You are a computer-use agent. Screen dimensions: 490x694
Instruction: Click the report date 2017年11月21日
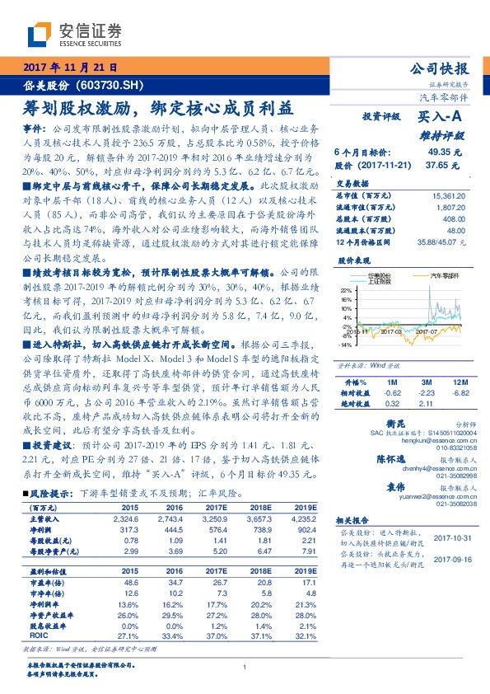[x=68, y=68]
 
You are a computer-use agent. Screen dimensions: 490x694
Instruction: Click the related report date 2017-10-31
[x=450, y=537]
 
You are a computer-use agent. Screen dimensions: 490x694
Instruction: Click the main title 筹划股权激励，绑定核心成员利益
[x=157, y=108]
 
